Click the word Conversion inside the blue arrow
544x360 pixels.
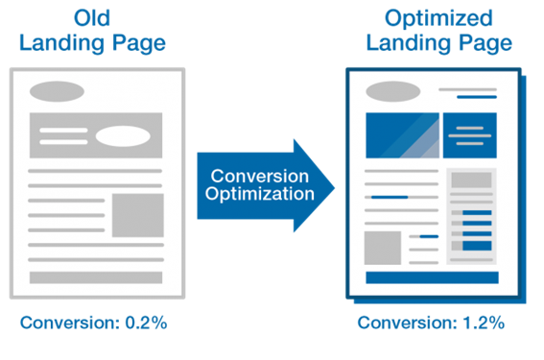[x=260, y=177]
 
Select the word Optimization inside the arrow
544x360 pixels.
[x=261, y=195]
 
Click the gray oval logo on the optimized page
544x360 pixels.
[x=388, y=93]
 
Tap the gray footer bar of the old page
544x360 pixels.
[x=95, y=277]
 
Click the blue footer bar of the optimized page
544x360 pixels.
[x=431, y=277]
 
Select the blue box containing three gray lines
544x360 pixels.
[x=469, y=135]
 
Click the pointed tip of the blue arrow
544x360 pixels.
[x=330, y=186]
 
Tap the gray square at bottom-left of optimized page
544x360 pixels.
[x=383, y=248]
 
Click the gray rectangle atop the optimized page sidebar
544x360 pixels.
[x=471, y=181]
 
